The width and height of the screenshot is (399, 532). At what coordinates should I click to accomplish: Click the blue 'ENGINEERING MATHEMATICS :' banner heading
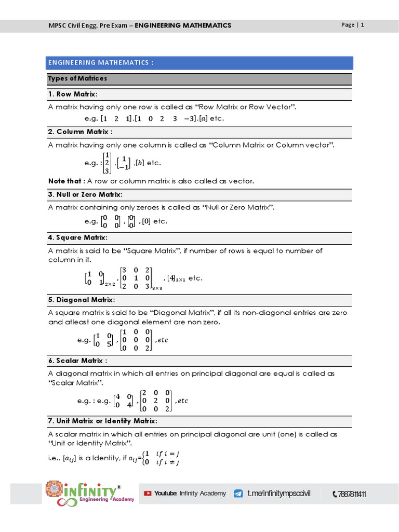pyautogui.click(x=101, y=63)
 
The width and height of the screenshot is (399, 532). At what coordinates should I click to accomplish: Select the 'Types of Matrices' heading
pyautogui.click(x=77, y=78)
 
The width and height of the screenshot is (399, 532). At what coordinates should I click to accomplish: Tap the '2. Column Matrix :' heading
pyautogui.click(x=81, y=131)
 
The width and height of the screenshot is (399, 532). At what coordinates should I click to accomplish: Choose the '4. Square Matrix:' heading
pyautogui.click(x=77, y=237)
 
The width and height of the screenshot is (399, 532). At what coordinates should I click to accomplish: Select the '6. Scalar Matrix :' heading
pyautogui.click(x=78, y=361)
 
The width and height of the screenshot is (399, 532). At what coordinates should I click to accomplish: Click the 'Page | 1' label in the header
pyautogui.click(x=352, y=25)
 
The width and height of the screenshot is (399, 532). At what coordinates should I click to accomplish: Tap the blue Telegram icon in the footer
pyautogui.click(x=238, y=493)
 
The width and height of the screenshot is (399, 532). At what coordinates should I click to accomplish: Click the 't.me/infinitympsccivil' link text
pyautogui.click(x=278, y=493)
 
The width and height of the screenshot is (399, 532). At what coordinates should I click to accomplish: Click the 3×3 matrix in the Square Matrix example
pyautogui.click(x=135, y=277)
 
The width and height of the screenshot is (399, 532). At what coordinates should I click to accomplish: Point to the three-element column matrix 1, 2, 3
pyautogui.click(x=107, y=163)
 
